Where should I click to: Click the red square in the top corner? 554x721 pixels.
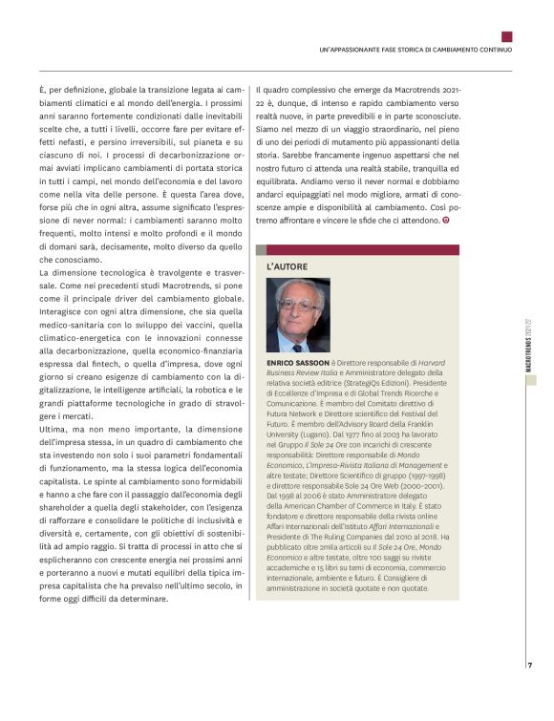click(x=506, y=37)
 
